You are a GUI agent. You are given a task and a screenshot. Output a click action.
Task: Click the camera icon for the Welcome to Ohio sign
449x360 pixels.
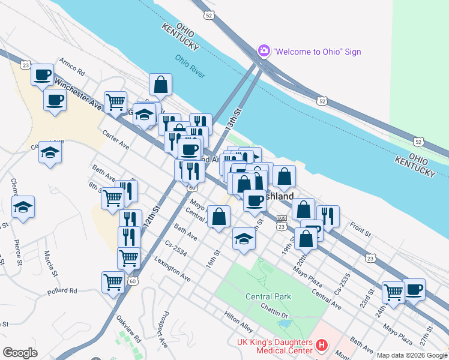pos(264,51)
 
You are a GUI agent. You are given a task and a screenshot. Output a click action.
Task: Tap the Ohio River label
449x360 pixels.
pos(190,66)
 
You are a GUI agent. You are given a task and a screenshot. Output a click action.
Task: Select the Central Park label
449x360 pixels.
pos(268,296)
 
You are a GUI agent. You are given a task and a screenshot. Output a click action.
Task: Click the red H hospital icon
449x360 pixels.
pos(322,345)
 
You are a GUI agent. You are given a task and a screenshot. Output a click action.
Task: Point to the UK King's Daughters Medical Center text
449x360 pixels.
pos(273,346)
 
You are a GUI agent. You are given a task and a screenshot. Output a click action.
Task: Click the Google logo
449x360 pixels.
pos(20,352)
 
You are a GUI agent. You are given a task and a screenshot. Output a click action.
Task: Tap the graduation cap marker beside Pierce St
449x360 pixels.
pos(23,207)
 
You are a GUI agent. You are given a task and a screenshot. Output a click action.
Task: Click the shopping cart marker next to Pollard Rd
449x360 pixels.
pos(113,281)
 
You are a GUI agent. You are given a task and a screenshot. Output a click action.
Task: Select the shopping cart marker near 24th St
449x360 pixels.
pos(393,293)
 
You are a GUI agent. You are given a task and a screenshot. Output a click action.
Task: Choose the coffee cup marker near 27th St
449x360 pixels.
pos(414,289)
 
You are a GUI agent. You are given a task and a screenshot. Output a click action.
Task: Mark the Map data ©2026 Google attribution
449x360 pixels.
pos(411,355)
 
